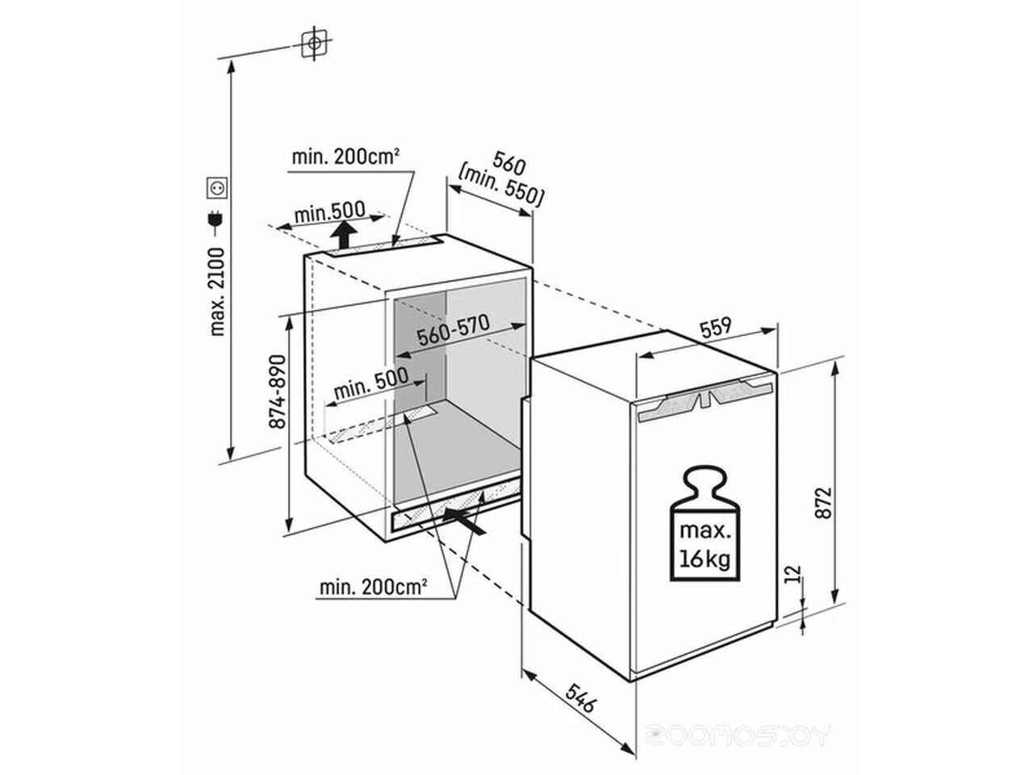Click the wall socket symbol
pyautogui.click(x=217, y=187)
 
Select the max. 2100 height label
pyautogui.click(x=217, y=291)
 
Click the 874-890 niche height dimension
pyautogui.click(x=277, y=392)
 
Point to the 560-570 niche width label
pyautogui.click(x=454, y=330)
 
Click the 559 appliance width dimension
pyautogui.click(x=716, y=328)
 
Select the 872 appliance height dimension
pyautogui.click(x=823, y=503)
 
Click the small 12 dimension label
pyautogui.click(x=793, y=574)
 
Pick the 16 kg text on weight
pyautogui.click(x=705, y=559)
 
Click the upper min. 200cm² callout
pyautogui.click(x=345, y=157)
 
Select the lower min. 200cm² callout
pyautogui.click(x=373, y=587)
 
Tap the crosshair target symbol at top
pyautogui.click(x=315, y=44)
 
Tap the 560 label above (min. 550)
pyautogui.click(x=508, y=163)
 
